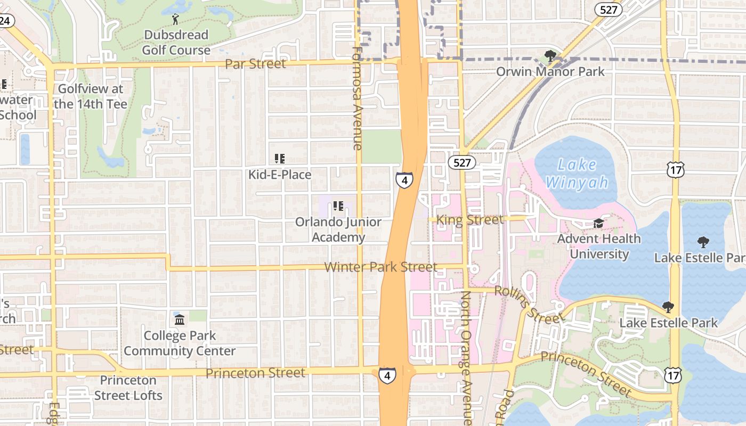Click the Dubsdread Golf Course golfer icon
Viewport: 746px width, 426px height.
(176, 20)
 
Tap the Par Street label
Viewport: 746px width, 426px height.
(255, 64)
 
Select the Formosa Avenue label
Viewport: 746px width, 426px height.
(358, 98)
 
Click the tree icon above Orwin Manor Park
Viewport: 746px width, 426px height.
(550, 56)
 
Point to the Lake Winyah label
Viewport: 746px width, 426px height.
(577, 174)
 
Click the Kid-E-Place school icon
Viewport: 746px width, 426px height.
(280, 159)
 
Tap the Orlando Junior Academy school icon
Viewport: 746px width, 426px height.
(338, 206)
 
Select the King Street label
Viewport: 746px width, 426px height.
(469, 219)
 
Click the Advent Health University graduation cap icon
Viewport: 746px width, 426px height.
(599, 223)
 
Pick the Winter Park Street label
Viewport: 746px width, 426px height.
(380, 267)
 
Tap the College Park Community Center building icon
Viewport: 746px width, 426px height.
(180, 320)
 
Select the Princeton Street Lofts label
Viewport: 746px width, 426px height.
(128, 388)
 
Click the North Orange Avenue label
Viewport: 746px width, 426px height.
(466, 357)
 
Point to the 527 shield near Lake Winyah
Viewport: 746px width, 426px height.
(461, 162)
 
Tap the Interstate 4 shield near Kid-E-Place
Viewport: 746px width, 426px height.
(404, 180)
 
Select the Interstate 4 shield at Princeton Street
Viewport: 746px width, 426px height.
(387, 375)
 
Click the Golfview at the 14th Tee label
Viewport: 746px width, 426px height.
(91, 96)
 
